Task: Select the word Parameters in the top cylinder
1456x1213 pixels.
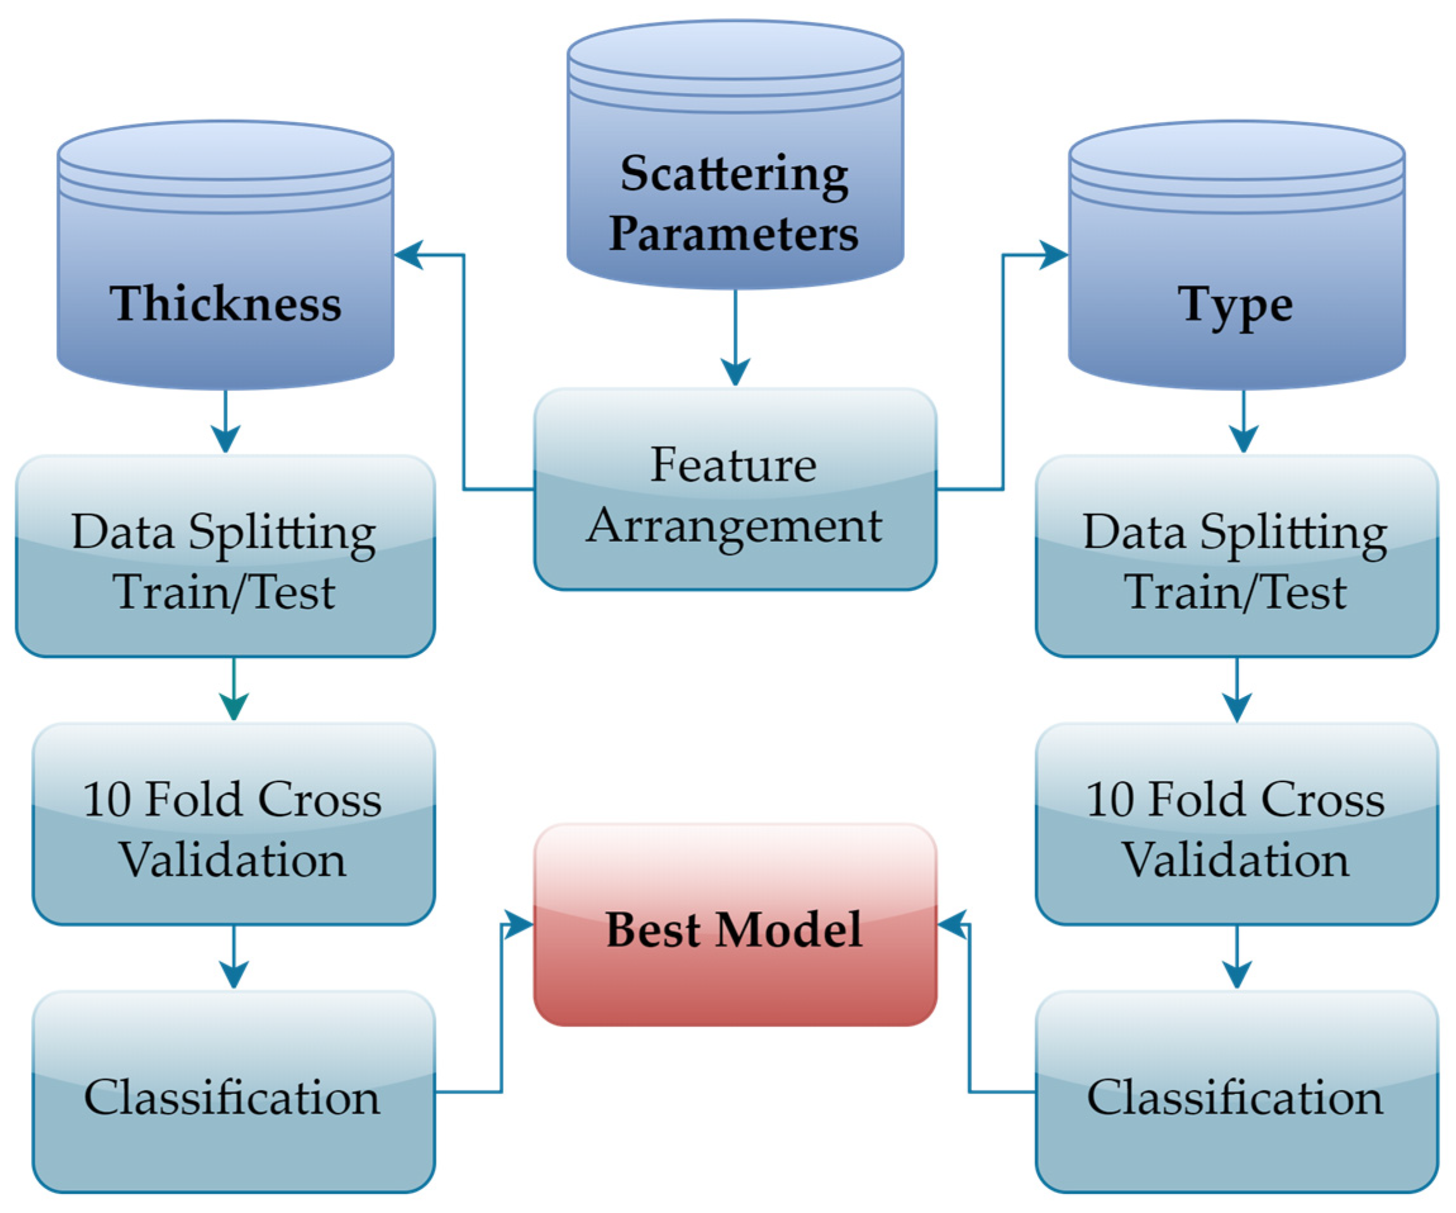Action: click(x=733, y=233)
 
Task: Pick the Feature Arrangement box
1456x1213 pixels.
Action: click(x=735, y=489)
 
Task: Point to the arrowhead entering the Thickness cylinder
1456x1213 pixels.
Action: click(x=409, y=255)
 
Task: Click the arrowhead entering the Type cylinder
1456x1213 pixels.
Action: click(x=1052, y=255)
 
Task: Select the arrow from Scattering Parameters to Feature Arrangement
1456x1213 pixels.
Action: click(x=735, y=340)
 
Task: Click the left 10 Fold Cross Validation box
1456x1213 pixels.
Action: click(x=233, y=825)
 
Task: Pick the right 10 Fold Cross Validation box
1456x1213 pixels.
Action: click(x=1236, y=825)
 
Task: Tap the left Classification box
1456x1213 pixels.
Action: click(x=233, y=1092)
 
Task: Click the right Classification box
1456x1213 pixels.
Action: click(x=1236, y=1092)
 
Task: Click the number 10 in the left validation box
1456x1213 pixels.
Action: click(x=107, y=799)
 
